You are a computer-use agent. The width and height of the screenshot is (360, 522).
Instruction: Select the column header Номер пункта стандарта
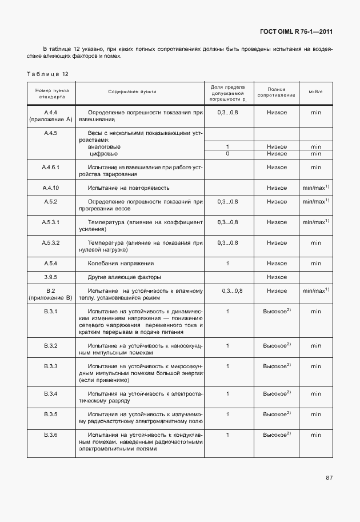tap(51, 94)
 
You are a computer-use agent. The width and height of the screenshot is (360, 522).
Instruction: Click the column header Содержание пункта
tap(132, 91)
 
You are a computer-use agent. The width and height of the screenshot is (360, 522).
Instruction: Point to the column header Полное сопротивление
tap(277, 91)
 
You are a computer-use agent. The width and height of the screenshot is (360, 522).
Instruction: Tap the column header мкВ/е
tap(316, 91)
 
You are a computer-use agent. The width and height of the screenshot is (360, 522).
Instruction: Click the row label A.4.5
tap(51, 133)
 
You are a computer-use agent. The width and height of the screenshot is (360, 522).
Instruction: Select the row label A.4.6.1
tap(51, 168)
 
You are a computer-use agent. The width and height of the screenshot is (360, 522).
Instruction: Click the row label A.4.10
tap(51, 188)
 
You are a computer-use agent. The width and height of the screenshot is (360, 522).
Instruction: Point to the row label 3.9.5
tap(51, 277)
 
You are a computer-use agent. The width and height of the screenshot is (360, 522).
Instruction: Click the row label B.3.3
tap(51, 366)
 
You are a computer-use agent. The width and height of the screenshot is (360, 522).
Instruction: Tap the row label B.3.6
tap(51, 435)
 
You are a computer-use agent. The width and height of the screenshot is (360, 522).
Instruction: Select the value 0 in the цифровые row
tap(227, 153)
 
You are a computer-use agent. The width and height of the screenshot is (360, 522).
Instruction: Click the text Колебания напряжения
tap(120, 263)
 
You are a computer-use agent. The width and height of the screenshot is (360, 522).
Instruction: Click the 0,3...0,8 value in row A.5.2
tap(227, 202)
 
